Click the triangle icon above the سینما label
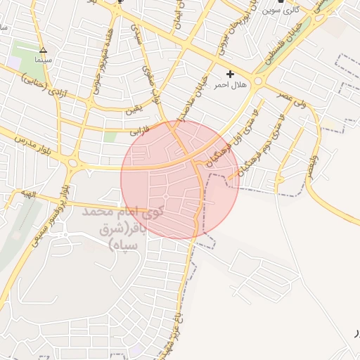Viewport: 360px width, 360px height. pyautogui.click(x=44, y=50)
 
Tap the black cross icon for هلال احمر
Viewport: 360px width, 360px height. pyautogui.click(x=230, y=74)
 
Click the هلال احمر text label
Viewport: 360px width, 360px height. pyautogui.click(x=230, y=84)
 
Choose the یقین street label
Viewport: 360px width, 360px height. pyautogui.click(x=134, y=110)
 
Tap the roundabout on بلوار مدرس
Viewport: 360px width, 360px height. pyautogui.click(x=74, y=165)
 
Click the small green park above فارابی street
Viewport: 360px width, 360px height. pyautogui.click(x=110, y=136)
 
